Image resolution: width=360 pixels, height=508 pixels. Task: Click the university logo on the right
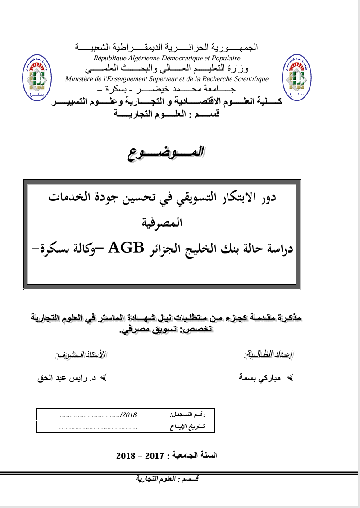point(297,77)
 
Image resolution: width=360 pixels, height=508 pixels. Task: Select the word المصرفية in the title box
point(162,222)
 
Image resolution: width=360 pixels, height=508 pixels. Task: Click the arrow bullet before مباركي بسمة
point(289,378)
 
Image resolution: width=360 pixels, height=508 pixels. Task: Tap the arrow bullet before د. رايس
point(103,378)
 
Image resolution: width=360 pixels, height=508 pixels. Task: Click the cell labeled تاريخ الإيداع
point(187,426)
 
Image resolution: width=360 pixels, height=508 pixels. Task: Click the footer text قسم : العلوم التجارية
point(168,479)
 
